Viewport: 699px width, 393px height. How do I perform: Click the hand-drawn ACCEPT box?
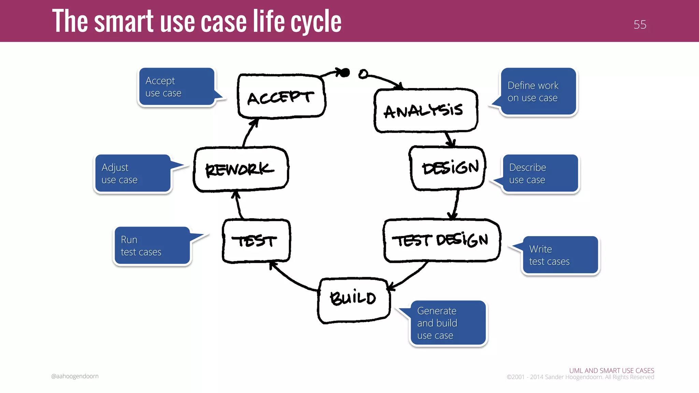(x=281, y=96)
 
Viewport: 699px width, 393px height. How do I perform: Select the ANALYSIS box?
(x=425, y=111)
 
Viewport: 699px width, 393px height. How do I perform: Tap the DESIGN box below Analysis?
(x=448, y=168)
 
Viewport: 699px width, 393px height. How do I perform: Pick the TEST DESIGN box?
(x=442, y=241)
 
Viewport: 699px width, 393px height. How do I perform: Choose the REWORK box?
(x=241, y=169)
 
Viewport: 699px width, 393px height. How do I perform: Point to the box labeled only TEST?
(x=256, y=241)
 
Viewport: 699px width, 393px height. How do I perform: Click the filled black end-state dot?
(x=345, y=72)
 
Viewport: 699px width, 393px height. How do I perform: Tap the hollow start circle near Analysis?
(x=363, y=74)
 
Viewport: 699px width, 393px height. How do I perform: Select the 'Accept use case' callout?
(x=177, y=87)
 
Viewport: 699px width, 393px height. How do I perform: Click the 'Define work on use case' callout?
(x=538, y=91)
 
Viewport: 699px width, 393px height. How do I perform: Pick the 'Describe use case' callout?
(x=540, y=173)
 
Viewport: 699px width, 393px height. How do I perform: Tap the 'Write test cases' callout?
(x=560, y=255)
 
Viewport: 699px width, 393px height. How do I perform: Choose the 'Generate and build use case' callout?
(x=448, y=323)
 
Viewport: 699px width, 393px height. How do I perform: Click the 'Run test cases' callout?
(x=152, y=246)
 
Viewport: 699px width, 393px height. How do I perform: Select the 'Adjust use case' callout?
(x=133, y=173)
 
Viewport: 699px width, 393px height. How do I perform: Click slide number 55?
(x=640, y=25)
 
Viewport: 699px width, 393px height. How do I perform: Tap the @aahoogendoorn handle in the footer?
(x=75, y=376)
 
